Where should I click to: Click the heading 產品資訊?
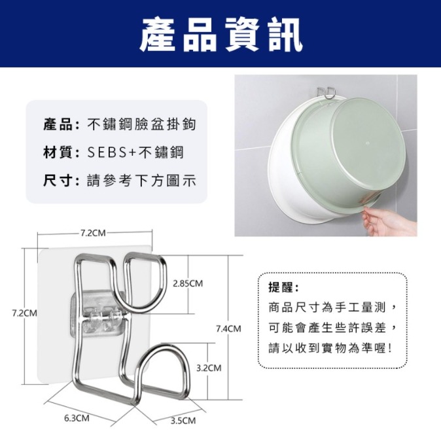(220, 34)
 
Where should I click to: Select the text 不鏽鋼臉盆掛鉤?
(141, 124)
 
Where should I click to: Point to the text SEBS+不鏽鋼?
(135, 152)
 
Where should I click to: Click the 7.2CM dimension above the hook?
(93, 232)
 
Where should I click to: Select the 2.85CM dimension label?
(188, 283)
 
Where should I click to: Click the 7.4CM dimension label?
(228, 328)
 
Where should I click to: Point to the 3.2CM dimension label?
(209, 368)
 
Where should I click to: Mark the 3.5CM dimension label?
(183, 420)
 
